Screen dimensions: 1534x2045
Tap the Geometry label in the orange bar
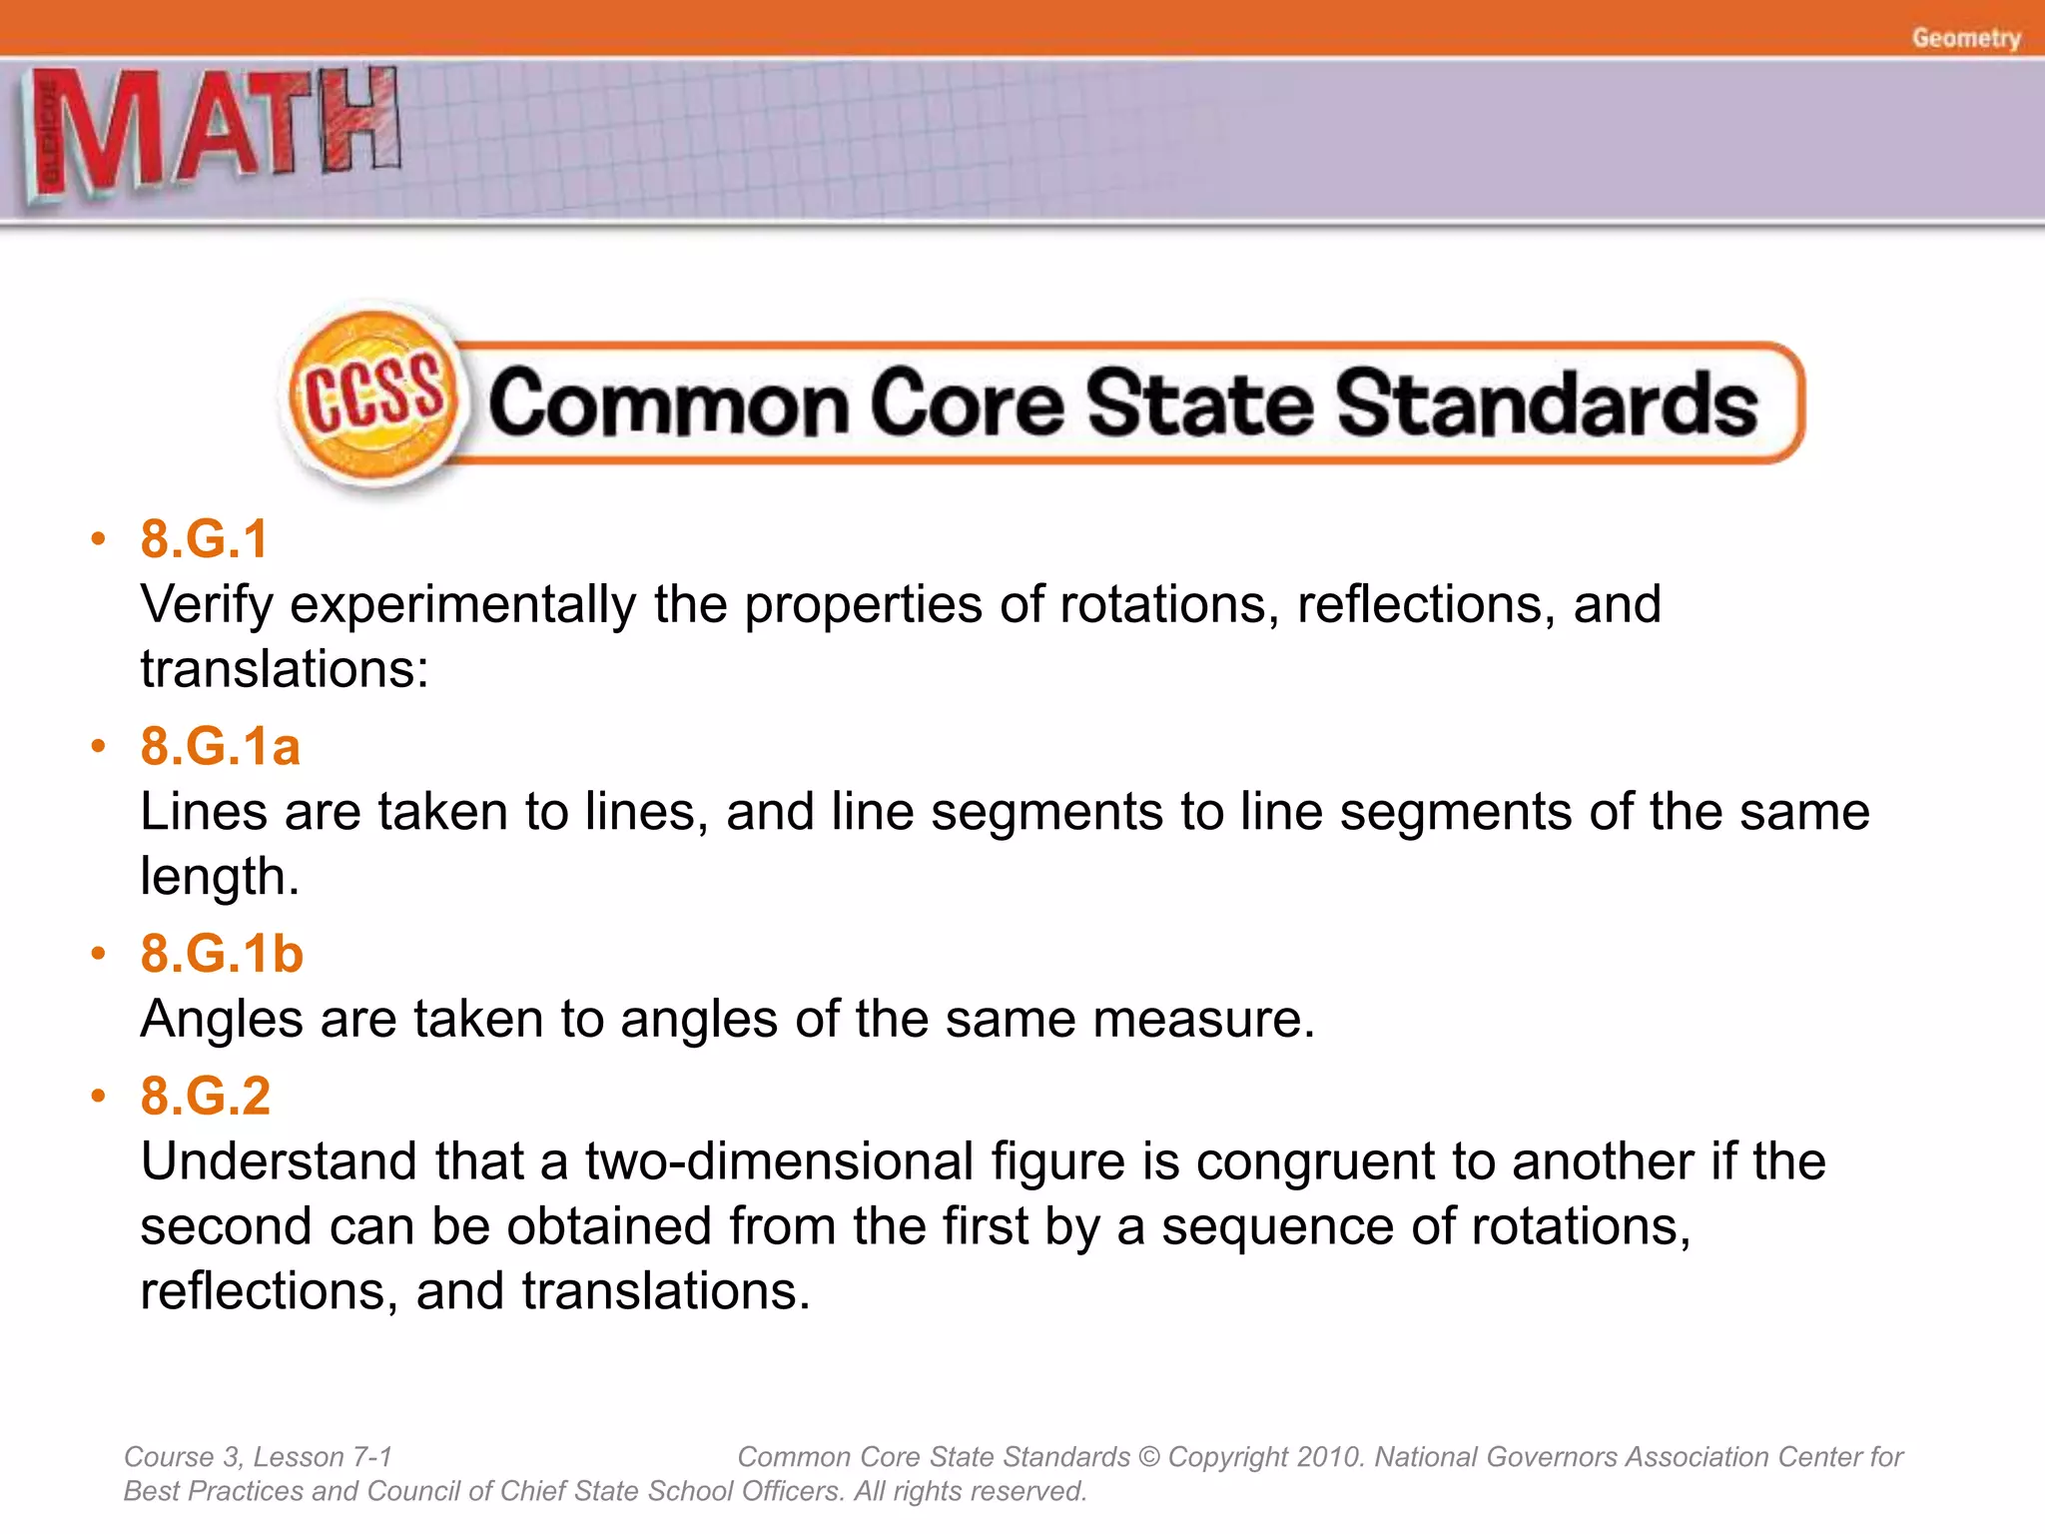(x=1966, y=38)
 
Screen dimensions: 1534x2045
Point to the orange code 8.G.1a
(x=220, y=746)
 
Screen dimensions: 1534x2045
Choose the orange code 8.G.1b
(x=222, y=953)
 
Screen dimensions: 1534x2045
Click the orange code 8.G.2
(x=206, y=1096)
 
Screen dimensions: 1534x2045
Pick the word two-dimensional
(x=779, y=1161)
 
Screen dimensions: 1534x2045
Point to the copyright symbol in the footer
(x=1149, y=1457)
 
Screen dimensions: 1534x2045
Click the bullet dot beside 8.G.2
(x=98, y=1097)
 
